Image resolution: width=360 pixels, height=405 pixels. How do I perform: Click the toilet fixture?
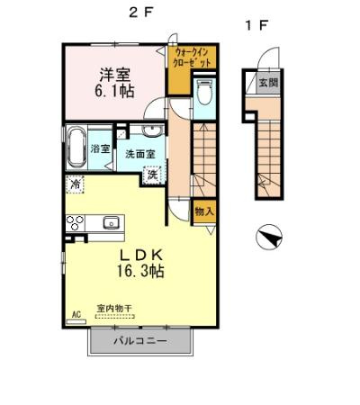pos(203,94)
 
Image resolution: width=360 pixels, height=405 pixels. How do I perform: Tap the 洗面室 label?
pos(140,154)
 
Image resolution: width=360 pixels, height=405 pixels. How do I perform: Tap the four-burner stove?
pos(75,222)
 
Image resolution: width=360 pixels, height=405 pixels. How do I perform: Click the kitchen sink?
pos(112,222)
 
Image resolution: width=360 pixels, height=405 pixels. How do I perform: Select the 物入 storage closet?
pos(204,211)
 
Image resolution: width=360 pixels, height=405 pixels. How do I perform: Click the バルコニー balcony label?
pos(140,341)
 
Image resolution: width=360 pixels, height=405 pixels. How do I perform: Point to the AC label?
pos(76,315)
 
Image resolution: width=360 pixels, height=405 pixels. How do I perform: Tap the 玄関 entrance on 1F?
pos(269,83)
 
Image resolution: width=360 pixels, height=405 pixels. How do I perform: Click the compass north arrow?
pos(268,238)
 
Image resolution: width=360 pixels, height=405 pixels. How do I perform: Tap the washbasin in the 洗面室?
pos(132,130)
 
